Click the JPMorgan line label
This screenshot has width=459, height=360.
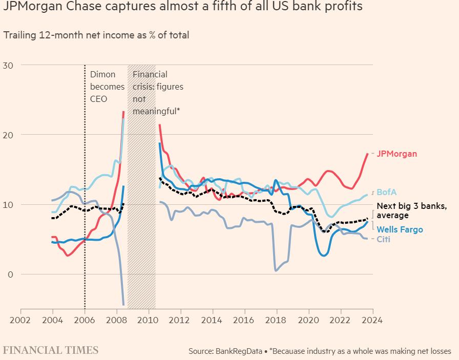pyautogui.click(x=397, y=154)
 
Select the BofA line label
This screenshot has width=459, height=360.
pyautogui.click(x=386, y=192)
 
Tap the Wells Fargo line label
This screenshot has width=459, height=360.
pyautogui.click(x=400, y=229)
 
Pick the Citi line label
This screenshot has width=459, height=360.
pyautogui.click(x=383, y=239)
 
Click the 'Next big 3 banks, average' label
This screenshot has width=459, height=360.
pyautogui.click(x=412, y=210)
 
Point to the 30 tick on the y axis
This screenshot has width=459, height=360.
pyautogui.click(x=8, y=65)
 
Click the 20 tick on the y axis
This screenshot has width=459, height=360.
pyautogui.click(x=8, y=135)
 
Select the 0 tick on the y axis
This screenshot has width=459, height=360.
pyautogui.click(x=11, y=274)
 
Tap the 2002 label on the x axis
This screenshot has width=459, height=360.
pyautogui.click(x=20, y=320)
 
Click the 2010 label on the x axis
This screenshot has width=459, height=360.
pyautogui.click(x=148, y=320)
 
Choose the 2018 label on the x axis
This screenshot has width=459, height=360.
pyautogui.click(x=276, y=320)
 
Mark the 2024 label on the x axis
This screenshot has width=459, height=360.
pyautogui.click(x=372, y=320)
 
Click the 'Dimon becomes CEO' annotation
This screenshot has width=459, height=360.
pyautogui.click(x=107, y=87)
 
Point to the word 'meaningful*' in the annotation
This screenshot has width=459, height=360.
pyautogui.click(x=156, y=111)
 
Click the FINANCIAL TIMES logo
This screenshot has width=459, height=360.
pyautogui.click(x=51, y=350)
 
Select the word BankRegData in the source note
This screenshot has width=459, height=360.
pyautogui.click(x=239, y=351)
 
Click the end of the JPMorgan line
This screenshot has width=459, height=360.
pyautogui.click(x=367, y=154)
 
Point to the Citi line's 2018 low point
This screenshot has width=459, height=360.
pyautogui.click(x=276, y=270)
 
